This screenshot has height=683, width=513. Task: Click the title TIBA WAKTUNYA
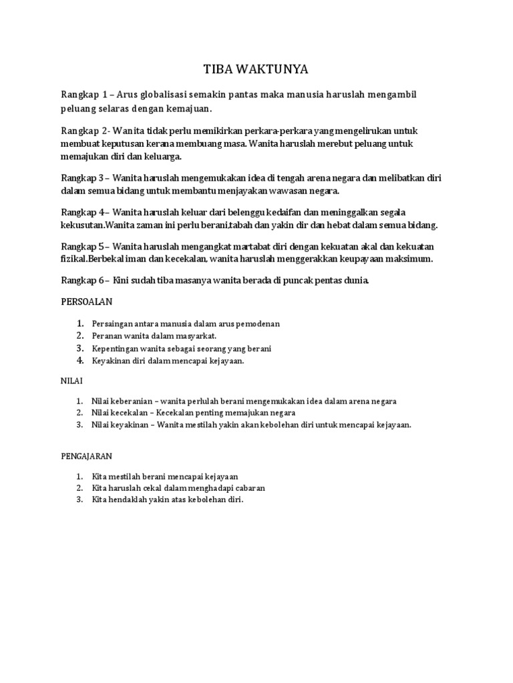(x=256, y=69)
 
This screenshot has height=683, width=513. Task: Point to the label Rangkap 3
(x=83, y=178)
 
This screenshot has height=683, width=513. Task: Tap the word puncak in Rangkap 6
(x=298, y=281)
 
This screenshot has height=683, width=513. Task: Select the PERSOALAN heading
(x=86, y=301)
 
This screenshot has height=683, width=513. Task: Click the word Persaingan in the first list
(x=117, y=323)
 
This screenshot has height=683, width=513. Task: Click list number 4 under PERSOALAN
(x=79, y=361)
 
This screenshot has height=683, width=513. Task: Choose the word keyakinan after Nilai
(x=130, y=425)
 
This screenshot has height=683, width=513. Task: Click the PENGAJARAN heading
(x=85, y=456)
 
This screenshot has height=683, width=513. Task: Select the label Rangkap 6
(x=83, y=281)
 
